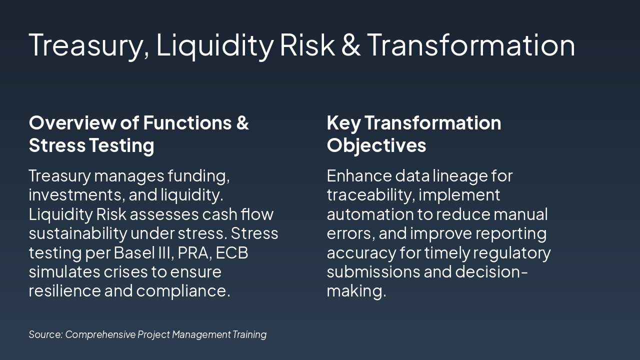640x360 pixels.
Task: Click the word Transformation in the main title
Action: point(471,44)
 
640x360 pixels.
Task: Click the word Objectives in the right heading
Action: point(376,145)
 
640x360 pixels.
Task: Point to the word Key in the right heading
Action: point(343,122)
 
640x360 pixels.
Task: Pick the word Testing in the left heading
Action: point(121,145)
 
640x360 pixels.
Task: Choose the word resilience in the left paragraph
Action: point(63,290)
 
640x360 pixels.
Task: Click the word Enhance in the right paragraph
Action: point(358,175)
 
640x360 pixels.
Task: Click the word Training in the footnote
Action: point(249,334)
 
